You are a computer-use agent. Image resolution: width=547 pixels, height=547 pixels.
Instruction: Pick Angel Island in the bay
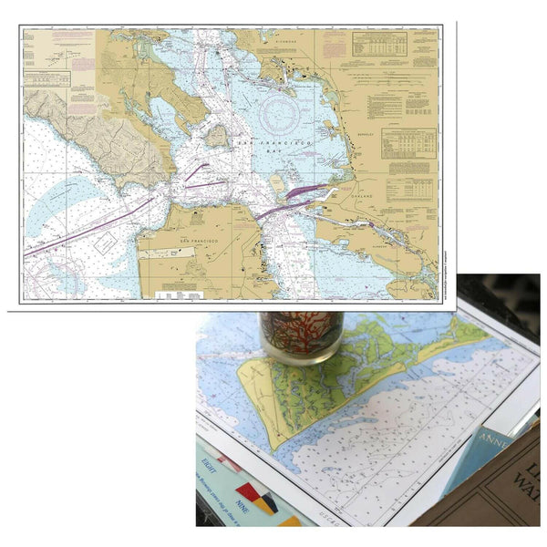[216, 137]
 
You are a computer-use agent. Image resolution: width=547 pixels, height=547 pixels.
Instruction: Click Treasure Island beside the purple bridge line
[279, 182]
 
